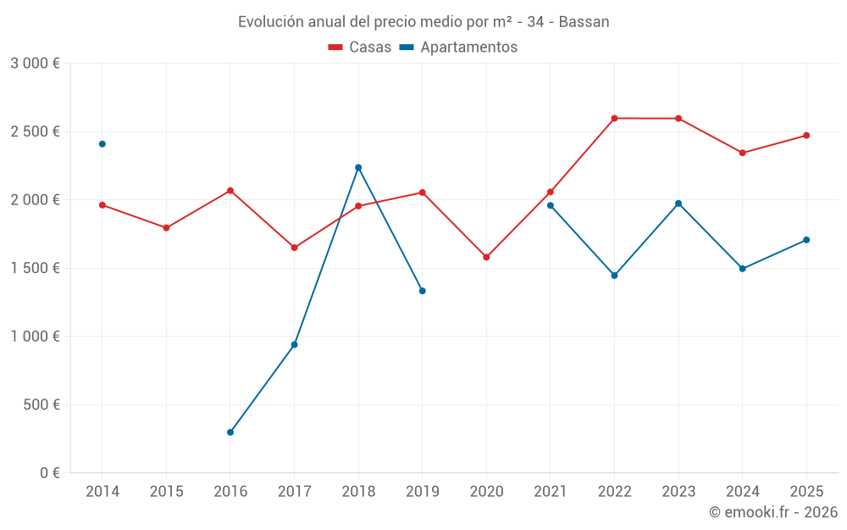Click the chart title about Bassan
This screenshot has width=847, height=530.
(x=423, y=22)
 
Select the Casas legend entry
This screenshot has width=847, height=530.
(x=360, y=47)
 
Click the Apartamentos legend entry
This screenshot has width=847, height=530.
(x=458, y=47)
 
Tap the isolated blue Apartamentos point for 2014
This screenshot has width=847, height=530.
(x=102, y=144)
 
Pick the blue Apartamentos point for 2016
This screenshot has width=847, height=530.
(x=230, y=432)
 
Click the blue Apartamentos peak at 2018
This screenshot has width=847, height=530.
(x=358, y=167)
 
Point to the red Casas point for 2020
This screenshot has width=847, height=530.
(x=486, y=257)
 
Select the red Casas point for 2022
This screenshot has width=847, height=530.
(x=614, y=118)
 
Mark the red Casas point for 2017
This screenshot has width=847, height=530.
(x=294, y=248)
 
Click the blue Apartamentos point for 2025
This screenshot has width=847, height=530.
(x=806, y=240)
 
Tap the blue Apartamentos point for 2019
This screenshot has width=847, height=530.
(x=422, y=291)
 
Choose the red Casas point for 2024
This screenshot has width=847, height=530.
(x=742, y=153)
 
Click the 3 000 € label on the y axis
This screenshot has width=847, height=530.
(x=35, y=64)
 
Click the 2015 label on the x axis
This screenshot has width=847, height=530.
(x=166, y=491)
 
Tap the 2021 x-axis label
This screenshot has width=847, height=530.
(x=550, y=491)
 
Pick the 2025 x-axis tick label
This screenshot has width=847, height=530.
(x=806, y=491)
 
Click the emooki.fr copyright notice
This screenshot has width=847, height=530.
(x=772, y=512)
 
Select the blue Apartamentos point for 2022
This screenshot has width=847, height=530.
(x=614, y=276)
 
